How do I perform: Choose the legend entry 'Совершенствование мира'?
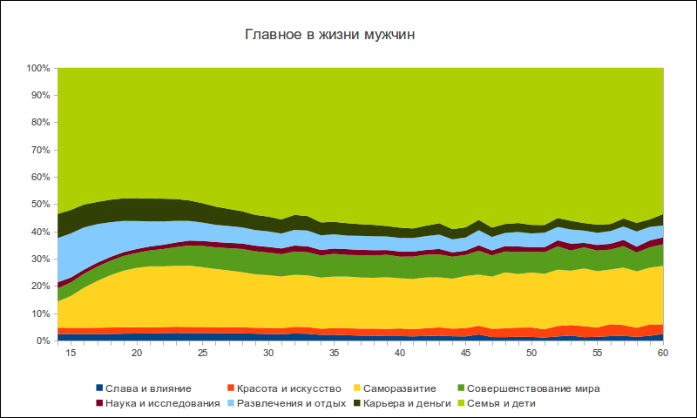tap(533, 388)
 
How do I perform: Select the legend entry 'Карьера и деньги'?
tap(405, 403)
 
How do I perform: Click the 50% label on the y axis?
tap(40, 205)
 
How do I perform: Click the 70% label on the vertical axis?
tap(40, 150)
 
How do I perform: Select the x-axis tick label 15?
tap(71, 354)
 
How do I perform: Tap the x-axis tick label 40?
tap(400, 354)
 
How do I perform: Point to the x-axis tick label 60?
tap(663, 354)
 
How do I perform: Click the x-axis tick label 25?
tap(202, 354)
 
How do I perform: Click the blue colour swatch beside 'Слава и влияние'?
tap(99, 388)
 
